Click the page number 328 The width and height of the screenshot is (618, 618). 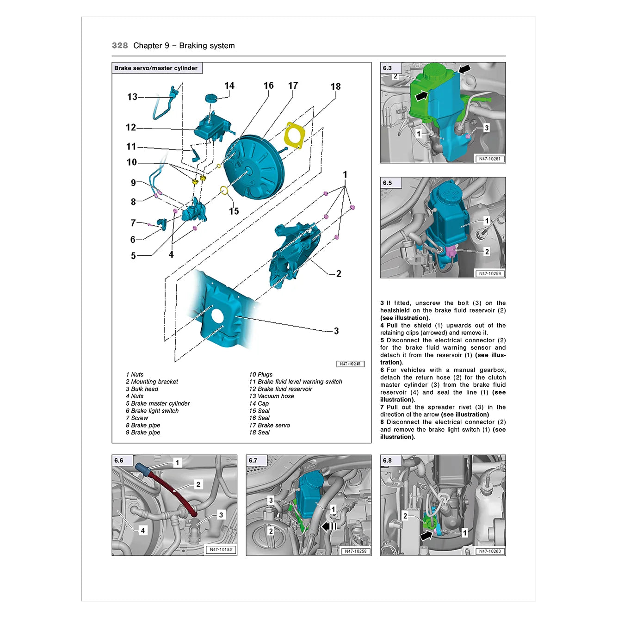(120, 45)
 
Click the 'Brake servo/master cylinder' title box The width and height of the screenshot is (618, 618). (157, 68)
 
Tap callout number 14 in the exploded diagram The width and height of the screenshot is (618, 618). (229, 86)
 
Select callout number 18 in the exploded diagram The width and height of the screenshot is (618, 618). (335, 87)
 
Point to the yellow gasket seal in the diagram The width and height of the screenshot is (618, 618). (294, 136)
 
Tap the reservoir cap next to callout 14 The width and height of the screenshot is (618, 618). (211, 98)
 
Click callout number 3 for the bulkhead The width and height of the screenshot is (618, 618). (336, 331)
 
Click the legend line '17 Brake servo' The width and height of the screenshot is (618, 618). (269, 425)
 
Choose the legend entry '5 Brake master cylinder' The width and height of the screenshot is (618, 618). (158, 403)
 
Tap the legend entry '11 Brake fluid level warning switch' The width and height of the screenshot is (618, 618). (296, 382)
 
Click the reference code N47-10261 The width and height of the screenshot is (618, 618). (489, 159)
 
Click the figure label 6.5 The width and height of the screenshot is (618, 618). (387, 183)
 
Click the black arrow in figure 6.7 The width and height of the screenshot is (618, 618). (329, 526)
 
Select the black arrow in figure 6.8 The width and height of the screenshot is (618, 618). (426, 535)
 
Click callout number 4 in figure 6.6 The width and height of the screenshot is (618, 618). (143, 531)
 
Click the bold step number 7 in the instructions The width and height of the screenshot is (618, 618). (382, 407)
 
